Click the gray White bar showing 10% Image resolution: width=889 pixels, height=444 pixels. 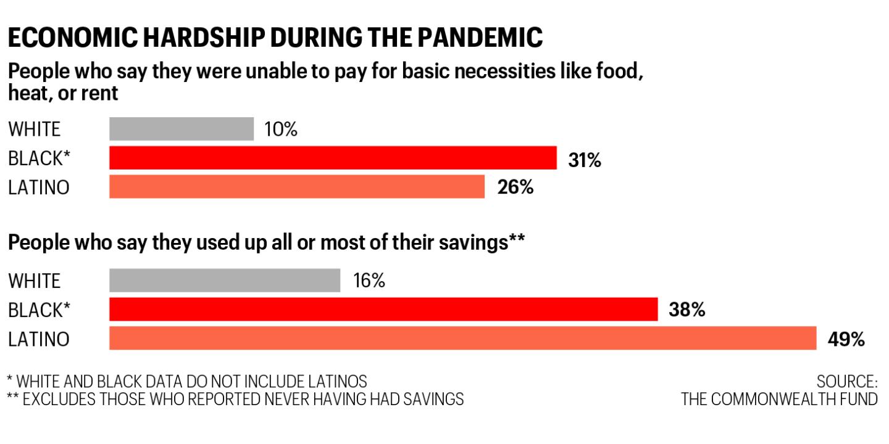tap(182, 129)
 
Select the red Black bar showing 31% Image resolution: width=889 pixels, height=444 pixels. tap(333, 158)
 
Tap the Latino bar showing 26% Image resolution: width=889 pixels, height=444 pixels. tap(297, 186)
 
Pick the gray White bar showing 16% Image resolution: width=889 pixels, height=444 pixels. tap(225, 280)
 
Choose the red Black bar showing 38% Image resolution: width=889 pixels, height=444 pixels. tap(383, 309)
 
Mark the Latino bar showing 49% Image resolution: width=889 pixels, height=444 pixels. tap(463, 338)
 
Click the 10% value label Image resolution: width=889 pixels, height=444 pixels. tap(280, 129)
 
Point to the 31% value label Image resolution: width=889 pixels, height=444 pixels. tap(585, 160)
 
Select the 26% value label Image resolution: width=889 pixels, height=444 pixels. tap(515, 187)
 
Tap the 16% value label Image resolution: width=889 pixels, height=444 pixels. tap(369, 281)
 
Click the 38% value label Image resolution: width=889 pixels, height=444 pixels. tap(687, 310)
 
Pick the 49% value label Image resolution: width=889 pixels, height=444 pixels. tap(846, 339)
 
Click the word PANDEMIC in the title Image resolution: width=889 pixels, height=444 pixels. tap(480, 38)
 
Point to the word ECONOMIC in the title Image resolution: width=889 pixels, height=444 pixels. tap(73, 38)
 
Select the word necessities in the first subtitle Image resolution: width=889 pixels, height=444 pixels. tap(504, 72)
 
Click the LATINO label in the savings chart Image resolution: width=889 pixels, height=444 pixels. tap(39, 339)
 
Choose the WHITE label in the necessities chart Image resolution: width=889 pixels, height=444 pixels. tap(34, 129)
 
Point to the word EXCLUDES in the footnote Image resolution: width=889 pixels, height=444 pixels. tap(59, 399)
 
